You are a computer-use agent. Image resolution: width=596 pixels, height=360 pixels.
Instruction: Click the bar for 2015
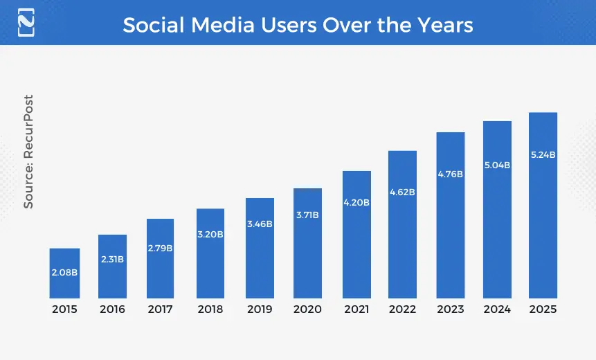pyautogui.click(x=64, y=273)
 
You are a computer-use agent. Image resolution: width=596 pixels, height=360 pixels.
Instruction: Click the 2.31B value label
pyautogui.click(x=112, y=260)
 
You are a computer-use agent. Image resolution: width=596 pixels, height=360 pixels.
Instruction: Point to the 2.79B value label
pyautogui.click(x=161, y=247)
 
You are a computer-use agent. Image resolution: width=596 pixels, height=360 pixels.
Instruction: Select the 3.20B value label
pyautogui.click(x=210, y=235)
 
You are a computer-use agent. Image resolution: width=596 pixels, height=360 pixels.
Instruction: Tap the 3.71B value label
pyautogui.click(x=307, y=215)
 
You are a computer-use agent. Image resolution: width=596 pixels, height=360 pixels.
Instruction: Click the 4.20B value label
pyautogui.click(x=356, y=203)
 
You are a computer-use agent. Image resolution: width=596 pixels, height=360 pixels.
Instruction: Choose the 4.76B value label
pyautogui.click(x=450, y=174)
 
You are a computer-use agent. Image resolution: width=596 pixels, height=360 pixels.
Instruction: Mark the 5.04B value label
pyautogui.click(x=497, y=165)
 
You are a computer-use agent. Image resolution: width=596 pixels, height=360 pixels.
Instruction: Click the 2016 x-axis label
pyautogui.click(x=112, y=309)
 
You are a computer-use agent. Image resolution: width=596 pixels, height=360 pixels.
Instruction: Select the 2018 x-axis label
pyautogui.click(x=210, y=309)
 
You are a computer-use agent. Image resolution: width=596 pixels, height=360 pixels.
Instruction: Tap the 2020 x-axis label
pyautogui.click(x=307, y=309)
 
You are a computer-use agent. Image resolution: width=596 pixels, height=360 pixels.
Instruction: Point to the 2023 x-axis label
pyautogui.click(x=450, y=309)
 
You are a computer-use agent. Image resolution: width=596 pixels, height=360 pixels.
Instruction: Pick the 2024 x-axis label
pyautogui.click(x=497, y=309)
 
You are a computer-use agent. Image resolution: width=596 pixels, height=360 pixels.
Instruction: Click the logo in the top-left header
pyautogui.click(x=26, y=22)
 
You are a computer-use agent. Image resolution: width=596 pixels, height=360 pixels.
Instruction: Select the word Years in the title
pyautogui.click(x=444, y=25)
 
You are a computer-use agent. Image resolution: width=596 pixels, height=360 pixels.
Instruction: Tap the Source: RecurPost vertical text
pyautogui.click(x=28, y=151)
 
